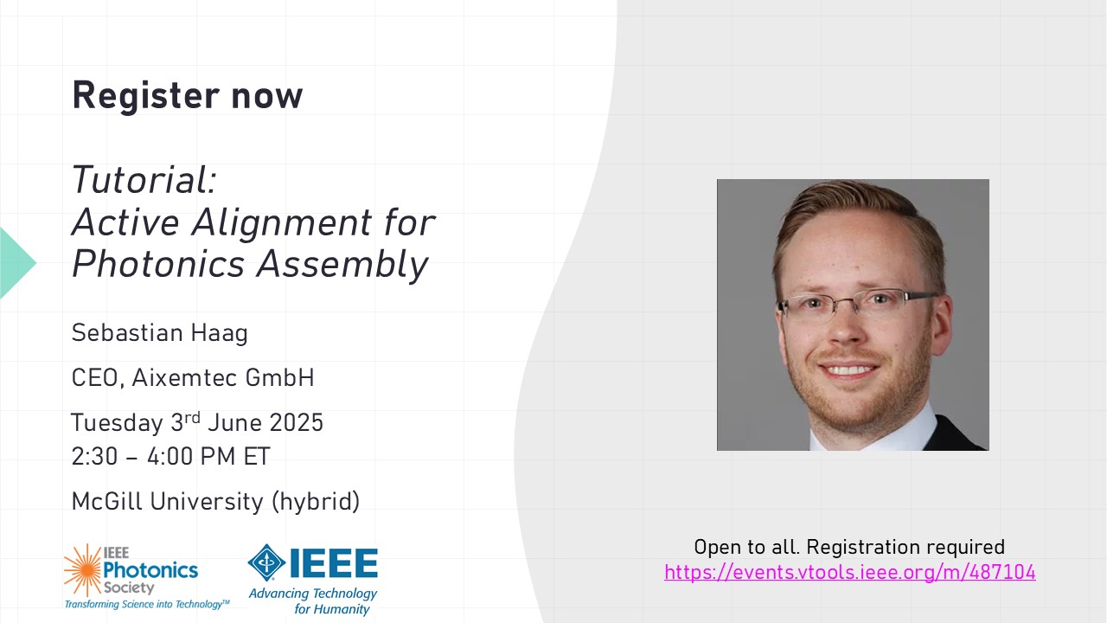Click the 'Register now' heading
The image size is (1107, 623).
tap(188, 95)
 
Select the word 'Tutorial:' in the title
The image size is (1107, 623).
tap(144, 179)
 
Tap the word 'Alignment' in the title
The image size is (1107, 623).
tap(281, 222)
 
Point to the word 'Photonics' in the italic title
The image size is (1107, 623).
tap(158, 264)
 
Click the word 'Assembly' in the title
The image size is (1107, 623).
tap(342, 265)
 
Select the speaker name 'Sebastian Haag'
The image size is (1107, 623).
tap(160, 333)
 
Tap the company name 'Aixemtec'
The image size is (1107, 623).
tap(185, 378)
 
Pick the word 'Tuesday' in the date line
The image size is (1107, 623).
tap(117, 423)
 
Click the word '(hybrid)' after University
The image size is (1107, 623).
tap(316, 501)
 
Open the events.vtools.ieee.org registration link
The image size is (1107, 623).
tap(849, 573)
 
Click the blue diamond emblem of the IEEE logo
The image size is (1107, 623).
tap(266, 562)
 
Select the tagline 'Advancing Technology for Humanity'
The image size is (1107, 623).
tap(313, 601)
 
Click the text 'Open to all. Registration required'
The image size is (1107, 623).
tap(849, 548)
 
